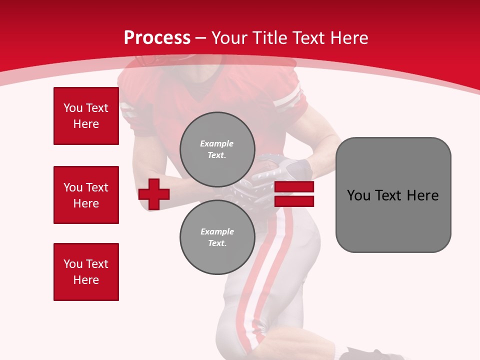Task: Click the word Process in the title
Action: (157, 38)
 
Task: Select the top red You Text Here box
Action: (86, 116)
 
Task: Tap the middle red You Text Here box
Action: (86, 195)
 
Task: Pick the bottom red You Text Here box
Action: (86, 272)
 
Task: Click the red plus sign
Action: (154, 194)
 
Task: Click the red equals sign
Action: (294, 194)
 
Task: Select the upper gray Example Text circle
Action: (217, 149)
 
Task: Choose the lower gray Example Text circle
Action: (217, 237)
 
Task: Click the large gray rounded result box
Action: (393, 195)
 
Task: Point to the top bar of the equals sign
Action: (294, 187)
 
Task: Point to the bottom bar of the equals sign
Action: (294, 201)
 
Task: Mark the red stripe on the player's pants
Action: (272, 270)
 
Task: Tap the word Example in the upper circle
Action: (217, 143)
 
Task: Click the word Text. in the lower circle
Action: (217, 243)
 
